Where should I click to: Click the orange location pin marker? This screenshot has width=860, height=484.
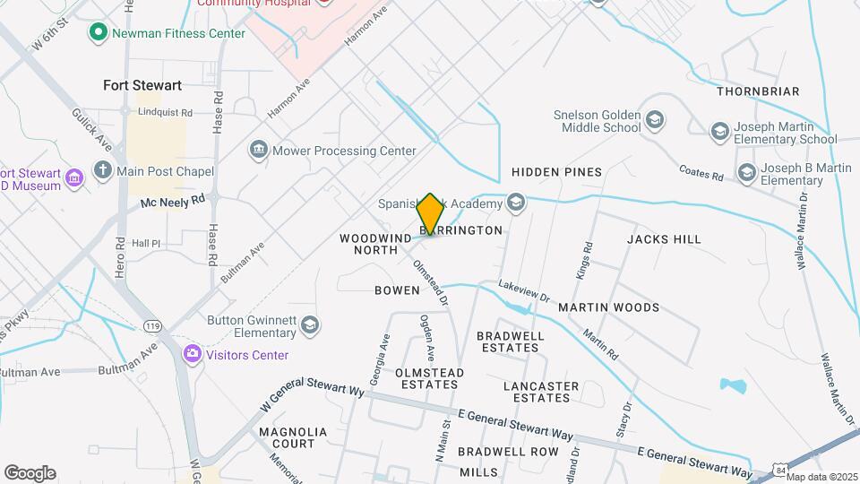tap(430, 215)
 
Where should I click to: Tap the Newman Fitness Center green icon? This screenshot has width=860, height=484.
tap(98, 33)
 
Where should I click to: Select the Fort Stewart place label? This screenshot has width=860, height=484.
tap(142, 86)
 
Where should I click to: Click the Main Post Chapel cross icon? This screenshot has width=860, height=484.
tap(103, 170)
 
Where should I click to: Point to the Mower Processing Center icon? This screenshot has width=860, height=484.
tap(259, 149)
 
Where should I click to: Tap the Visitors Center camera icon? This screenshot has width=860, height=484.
tap(192, 354)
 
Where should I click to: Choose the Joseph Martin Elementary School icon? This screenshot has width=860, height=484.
tap(719, 132)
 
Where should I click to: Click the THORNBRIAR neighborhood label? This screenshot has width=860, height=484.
tap(758, 91)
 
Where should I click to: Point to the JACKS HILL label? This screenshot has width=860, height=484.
tap(664, 239)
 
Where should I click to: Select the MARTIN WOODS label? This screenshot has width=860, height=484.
tap(608, 307)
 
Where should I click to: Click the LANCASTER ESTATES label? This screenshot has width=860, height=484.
tap(541, 392)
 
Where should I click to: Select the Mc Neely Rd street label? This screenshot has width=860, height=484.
tap(173, 203)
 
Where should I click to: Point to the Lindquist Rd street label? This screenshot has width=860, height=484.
tap(165, 112)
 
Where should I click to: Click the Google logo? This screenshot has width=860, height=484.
tap(30, 473)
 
